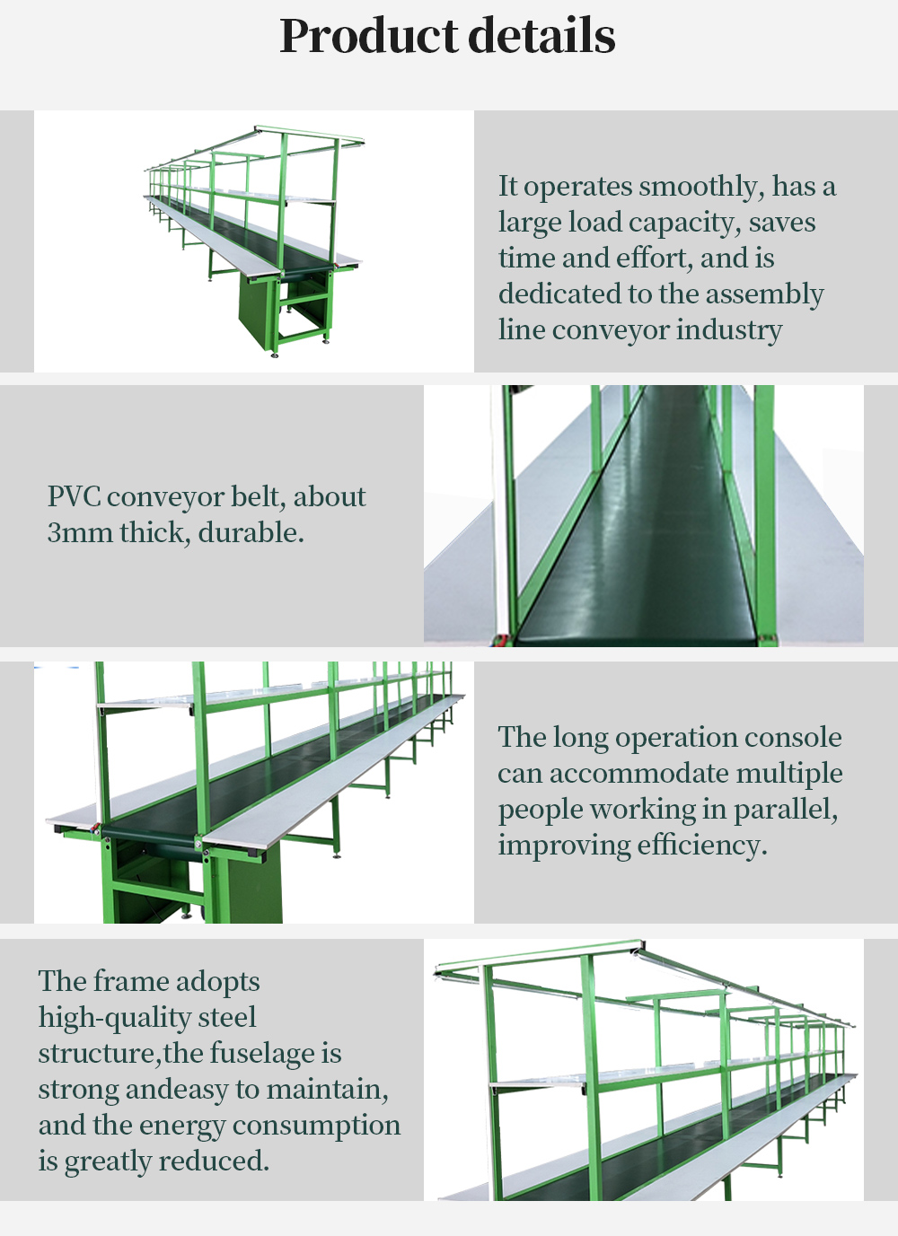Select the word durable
pyautogui.click(x=251, y=533)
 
